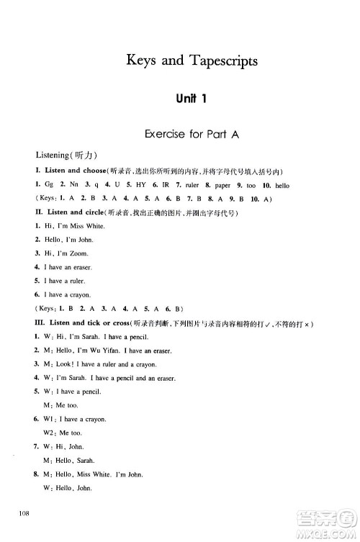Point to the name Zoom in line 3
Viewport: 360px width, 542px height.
pyautogui.click(x=79, y=253)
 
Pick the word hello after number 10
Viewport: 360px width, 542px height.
pyautogui.click(x=282, y=185)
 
